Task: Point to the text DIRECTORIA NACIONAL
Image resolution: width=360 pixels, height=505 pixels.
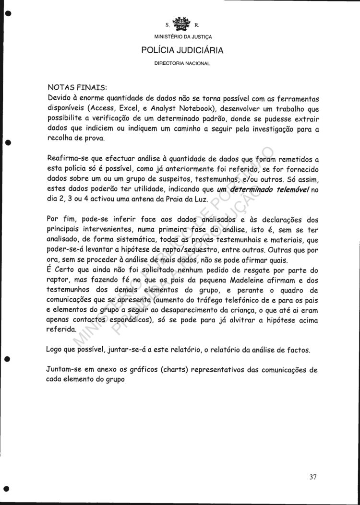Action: click(x=182, y=63)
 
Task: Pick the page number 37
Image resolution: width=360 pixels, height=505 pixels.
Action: click(x=313, y=477)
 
